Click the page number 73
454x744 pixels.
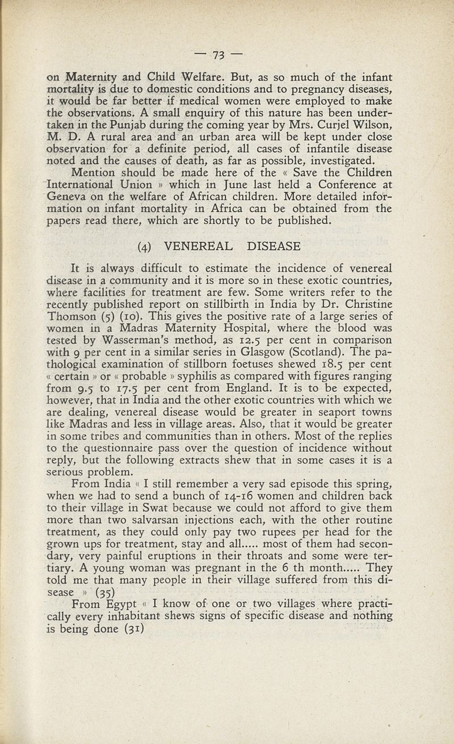[218, 55]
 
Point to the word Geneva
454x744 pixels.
[68, 197]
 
